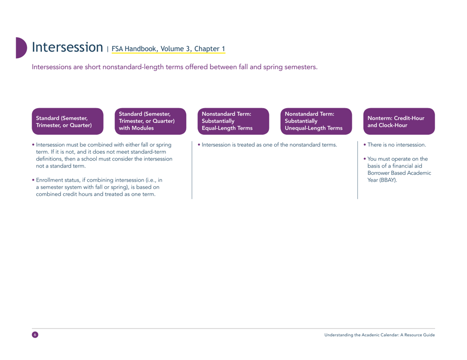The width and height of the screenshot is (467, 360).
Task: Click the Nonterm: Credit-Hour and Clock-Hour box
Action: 396,121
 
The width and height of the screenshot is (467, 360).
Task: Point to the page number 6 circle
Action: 34,334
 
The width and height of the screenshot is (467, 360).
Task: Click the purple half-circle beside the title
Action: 21,48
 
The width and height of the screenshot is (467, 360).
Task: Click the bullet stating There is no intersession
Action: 396,145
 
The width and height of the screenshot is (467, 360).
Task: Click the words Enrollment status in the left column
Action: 56,180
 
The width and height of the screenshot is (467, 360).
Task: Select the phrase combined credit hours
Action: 69,194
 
